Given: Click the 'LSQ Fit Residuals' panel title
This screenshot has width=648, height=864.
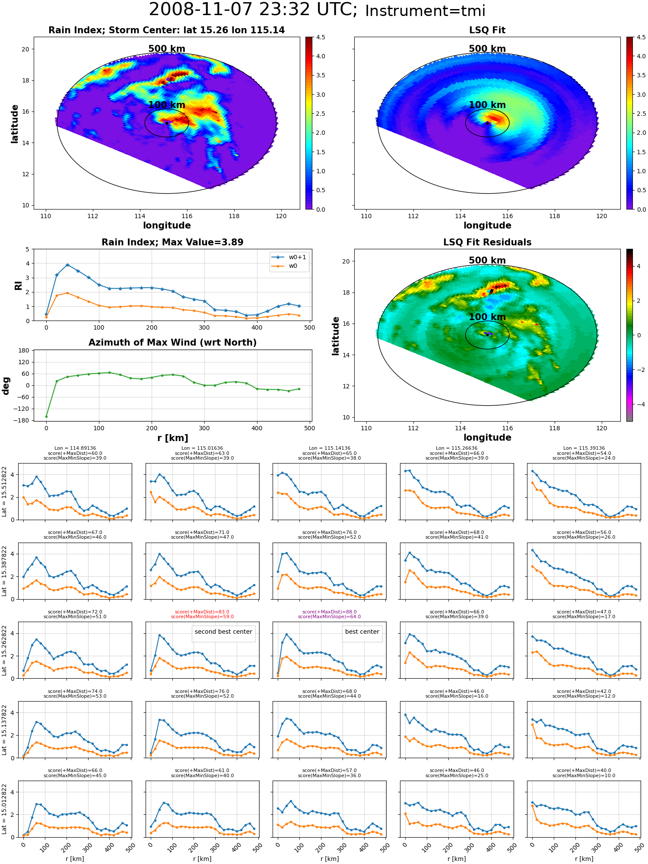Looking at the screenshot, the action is [487, 242].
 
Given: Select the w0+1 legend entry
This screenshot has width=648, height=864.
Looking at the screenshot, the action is [289, 257].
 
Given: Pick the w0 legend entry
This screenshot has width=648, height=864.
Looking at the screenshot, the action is [286, 266].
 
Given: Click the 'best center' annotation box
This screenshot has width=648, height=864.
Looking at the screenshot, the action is [362, 632].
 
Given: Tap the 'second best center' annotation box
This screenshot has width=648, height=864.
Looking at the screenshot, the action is [223, 632].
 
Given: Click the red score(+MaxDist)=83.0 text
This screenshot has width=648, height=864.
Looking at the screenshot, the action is [202, 612].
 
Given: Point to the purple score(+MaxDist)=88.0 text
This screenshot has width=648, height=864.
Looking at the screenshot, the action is [329, 612].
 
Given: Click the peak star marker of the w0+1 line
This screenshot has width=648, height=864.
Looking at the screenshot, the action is [67, 265].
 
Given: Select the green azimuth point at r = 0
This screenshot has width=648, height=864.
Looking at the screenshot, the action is [46, 416].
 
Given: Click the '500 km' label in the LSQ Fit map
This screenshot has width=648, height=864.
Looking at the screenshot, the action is [487, 49].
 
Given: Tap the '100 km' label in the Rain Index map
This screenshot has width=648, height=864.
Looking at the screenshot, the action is [167, 105].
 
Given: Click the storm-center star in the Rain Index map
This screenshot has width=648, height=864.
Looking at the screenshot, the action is [167, 123].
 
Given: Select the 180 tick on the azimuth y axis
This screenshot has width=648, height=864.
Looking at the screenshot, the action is [24, 350].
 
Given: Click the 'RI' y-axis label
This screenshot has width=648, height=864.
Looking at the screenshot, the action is [18, 286].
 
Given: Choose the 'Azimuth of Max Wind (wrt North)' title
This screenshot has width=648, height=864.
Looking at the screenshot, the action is [172, 343].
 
